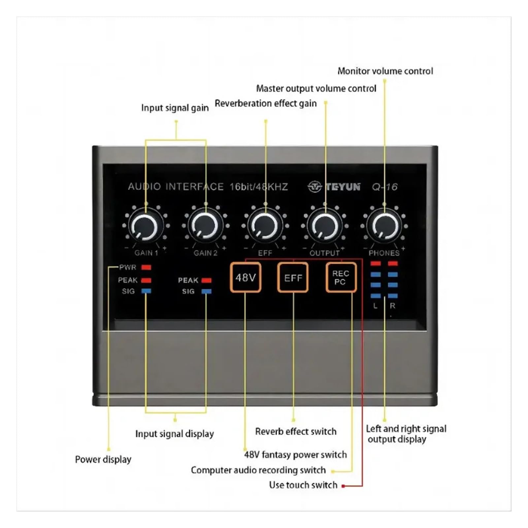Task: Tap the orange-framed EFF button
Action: pos(293,278)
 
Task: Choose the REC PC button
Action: pos(341,278)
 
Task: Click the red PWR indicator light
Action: pos(146,267)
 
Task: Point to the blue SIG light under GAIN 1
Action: pos(146,291)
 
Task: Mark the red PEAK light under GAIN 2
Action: pos(206,280)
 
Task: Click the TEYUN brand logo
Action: pos(334,187)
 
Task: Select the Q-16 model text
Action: pos(385,187)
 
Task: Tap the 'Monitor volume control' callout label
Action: pos(385,71)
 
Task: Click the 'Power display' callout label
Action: pos(103,459)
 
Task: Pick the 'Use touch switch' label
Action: pos(303,485)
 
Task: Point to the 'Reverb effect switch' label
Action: pos(296,431)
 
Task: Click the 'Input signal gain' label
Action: pos(175,108)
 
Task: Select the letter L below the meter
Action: pos(376,306)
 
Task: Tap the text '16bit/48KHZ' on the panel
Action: pos(259,187)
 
